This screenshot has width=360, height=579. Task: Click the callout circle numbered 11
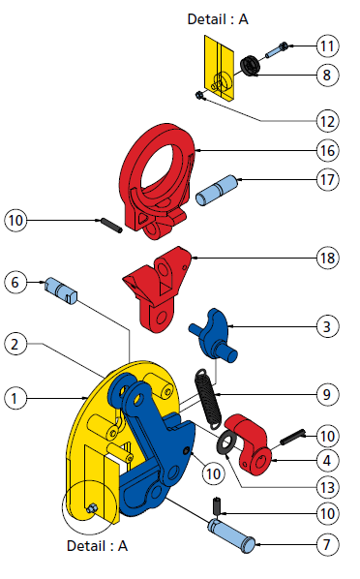pyautogui.click(x=327, y=46)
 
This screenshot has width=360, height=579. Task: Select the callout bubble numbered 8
pyautogui.click(x=327, y=75)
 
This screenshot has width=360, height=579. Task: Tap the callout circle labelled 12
pyautogui.click(x=327, y=121)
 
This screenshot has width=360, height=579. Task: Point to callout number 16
pyautogui.click(x=327, y=151)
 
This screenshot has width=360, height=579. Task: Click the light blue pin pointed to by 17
pyautogui.click(x=216, y=191)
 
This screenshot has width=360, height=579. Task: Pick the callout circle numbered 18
pyautogui.click(x=327, y=258)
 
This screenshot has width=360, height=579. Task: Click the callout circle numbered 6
pyautogui.click(x=15, y=283)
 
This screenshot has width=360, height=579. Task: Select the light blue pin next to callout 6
pyautogui.click(x=61, y=291)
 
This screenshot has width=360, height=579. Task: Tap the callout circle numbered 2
pyautogui.click(x=15, y=344)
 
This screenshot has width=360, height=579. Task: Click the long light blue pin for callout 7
pyautogui.click(x=231, y=535)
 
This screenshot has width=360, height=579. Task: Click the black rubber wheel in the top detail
pyautogui.click(x=251, y=66)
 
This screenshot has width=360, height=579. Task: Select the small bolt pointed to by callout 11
pyautogui.click(x=277, y=50)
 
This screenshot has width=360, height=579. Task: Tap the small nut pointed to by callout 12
pyautogui.click(x=199, y=96)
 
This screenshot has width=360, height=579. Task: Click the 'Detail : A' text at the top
pyautogui.click(x=218, y=19)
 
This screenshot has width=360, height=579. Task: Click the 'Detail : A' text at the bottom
pyautogui.click(x=97, y=546)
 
